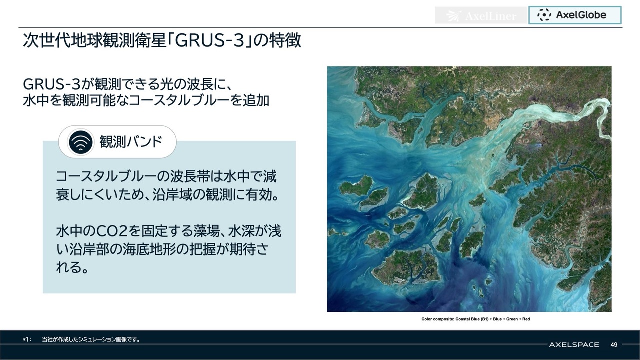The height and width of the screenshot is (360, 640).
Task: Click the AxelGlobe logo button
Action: [x=575, y=15]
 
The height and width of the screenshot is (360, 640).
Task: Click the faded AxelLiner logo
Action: [x=481, y=15]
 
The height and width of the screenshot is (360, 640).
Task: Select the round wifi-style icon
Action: [x=81, y=142]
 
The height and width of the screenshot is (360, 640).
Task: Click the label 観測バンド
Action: [x=131, y=142]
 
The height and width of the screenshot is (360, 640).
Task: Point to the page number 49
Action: [x=614, y=345]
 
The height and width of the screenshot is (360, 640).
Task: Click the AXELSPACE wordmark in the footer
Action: [x=574, y=345]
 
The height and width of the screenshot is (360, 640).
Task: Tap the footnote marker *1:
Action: [x=27, y=339]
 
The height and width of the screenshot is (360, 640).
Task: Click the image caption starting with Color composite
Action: [x=475, y=319]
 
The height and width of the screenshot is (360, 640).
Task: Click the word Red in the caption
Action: [x=526, y=319]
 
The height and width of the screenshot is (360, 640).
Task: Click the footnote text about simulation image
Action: [x=91, y=339]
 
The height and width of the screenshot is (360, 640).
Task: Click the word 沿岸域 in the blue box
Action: [x=171, y=195]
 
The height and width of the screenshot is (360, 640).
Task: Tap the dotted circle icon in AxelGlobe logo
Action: [x=544, y=15]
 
